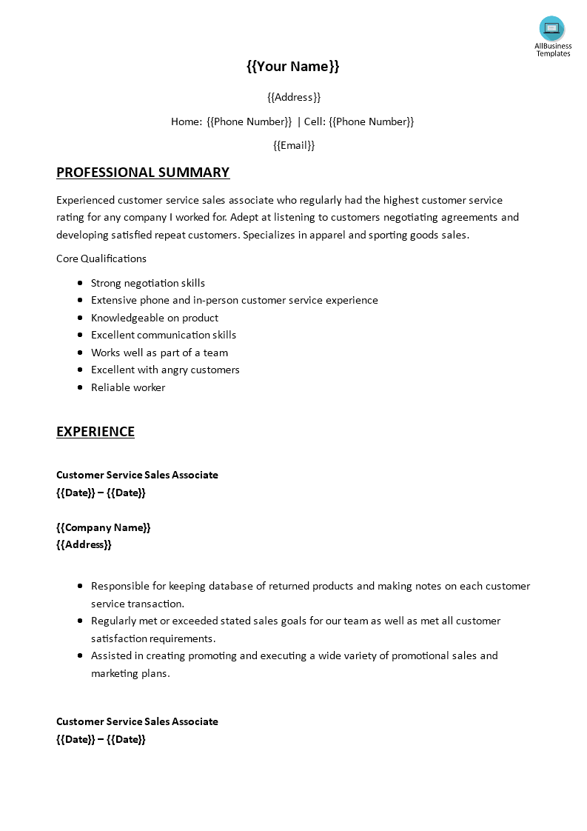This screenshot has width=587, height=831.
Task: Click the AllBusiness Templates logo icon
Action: click(x=551, y=30)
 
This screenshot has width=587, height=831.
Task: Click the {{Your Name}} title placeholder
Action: click(x=293, y=67)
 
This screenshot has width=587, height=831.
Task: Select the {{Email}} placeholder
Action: click(x=294, y=145)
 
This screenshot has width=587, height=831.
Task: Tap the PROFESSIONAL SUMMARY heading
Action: click(x=143, y=173)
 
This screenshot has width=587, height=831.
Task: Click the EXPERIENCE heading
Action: click(x=95, y=432)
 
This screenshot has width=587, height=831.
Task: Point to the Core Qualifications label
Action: click(x=101, y=258)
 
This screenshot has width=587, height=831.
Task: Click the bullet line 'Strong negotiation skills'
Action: click(x=148, y=283)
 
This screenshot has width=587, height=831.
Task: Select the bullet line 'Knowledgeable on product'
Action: click(x=155, y=318)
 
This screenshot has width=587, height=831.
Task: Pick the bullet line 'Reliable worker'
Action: click(x=128, y=387)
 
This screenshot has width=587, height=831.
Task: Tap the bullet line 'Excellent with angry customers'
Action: click(x=165, y=370)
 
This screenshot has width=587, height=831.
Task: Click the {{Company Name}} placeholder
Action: click(x=104, y=527)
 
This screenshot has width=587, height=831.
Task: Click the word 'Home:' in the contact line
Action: click(x=187, y=121)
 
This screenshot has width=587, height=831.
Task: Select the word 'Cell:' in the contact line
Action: click(x=315, y=121)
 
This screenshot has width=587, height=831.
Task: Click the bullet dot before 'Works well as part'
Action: click(x=79, y=353)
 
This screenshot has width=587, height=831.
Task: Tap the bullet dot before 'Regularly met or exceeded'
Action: click(x=79, y=621)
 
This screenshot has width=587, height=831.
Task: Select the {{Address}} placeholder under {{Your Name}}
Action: click(x=294, y=97)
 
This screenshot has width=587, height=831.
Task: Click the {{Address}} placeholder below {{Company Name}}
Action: click(x=84, y=544)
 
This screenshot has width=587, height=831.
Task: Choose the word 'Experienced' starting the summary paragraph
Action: click(x=85, y=200)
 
